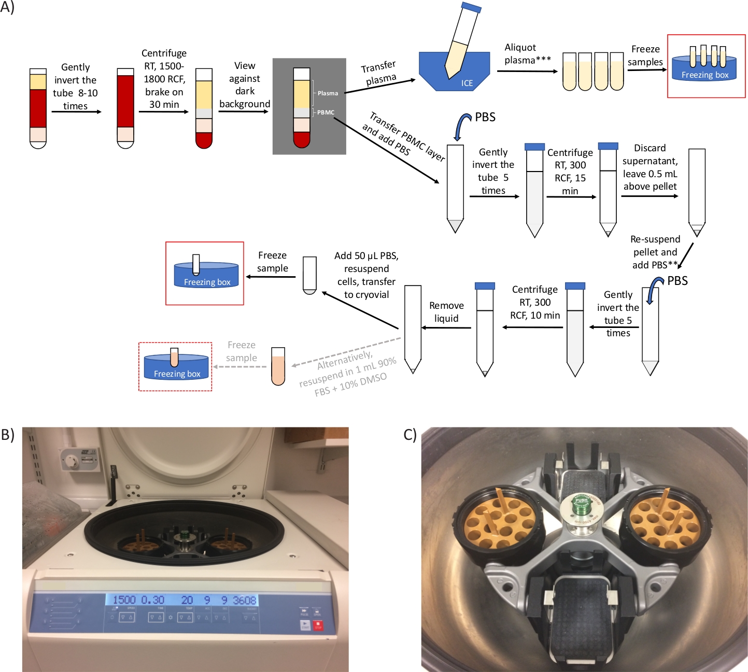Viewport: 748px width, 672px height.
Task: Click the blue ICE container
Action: pyautogui.click(x=454, y=73)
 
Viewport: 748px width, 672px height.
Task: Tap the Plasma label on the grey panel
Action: pyautogui.click(x=328, y=93)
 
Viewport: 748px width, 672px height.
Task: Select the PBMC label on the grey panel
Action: pyautogui.click(x=326, y=112)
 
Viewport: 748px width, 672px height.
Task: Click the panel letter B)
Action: pyautogui.click(x=7, y=434)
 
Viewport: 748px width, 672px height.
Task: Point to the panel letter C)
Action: pyautogui.click(x=410, y=434)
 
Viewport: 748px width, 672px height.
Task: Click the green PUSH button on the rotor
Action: pyautogui.click(x=581, y=503)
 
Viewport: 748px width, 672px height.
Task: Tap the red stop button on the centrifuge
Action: pyautogui.click(x=318, y=625)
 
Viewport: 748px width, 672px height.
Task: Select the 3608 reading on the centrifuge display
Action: pyautogui.click(x=245, y=600)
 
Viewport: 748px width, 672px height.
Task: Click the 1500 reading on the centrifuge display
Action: pyautogui.click(x=124, y=600)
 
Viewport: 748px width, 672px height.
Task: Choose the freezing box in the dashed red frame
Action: pyautogui.click(x=176, y=367)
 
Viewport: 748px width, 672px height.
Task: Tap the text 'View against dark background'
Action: pyautogui.click(x=245, y=85)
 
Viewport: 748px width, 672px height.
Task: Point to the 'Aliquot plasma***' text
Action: pyautogui.click(x=527, y=54)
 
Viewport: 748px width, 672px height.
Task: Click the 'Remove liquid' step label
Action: pyautogui.click(x=446, y=312)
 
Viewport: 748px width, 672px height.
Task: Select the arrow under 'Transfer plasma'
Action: pyautogui.click(x=380, y=86)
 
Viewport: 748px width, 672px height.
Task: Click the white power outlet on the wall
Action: pyautogui.click(x=79, y=459)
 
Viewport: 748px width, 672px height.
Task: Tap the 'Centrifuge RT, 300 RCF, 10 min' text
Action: pyautogui.click(x=535, y=302)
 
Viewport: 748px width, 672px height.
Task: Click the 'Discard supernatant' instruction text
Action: pyautogui.click(x=650, y=167)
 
